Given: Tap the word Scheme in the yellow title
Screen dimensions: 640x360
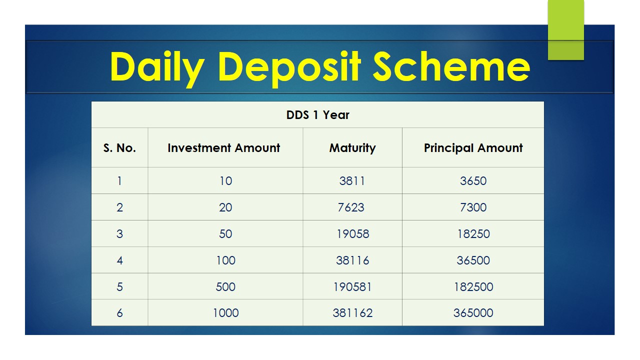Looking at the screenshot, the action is tap(451, 66).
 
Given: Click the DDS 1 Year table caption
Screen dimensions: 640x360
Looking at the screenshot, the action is tap(317, 115).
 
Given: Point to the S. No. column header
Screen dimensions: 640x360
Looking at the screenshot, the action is tap(119, 147).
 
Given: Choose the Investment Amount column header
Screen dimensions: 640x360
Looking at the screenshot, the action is tap(223, 147).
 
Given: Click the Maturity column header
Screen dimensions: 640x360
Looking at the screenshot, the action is tap(352, 148).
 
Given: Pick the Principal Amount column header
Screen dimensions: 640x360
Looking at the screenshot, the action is tap(473, 148).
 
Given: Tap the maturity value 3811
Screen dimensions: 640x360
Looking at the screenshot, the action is tap(352, 181).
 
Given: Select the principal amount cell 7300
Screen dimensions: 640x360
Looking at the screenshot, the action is tap(473, 207).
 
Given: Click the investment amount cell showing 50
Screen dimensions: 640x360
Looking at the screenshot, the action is tap(225, 234).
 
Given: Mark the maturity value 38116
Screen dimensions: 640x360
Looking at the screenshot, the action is tap(352, 260).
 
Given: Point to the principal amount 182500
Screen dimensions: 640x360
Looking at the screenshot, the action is tap(473, 287).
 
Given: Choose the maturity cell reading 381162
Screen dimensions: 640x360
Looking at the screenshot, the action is tap(352, 313).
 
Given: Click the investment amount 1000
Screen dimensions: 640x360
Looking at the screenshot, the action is tap(225, 313).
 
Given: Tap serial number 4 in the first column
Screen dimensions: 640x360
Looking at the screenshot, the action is tap(119, 260).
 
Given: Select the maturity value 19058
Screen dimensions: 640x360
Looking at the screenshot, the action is tap(353, 234).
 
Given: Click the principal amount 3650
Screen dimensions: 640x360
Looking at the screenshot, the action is tap(473, 181).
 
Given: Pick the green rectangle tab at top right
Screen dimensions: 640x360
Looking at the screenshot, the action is tap(565, 29).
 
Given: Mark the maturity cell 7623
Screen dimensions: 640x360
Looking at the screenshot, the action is tap(351, 207).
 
